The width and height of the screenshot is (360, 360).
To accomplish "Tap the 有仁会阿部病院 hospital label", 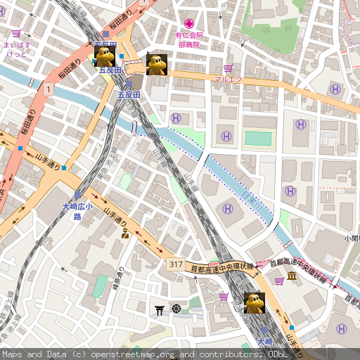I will [x=189, y=39].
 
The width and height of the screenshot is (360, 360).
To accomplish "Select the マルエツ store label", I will [x=228, y=79].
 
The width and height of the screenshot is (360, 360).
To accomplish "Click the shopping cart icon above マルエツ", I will [x=228, y=68].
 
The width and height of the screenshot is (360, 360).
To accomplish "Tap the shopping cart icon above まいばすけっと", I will [x=16, y=33].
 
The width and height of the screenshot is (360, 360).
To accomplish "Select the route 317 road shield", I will [x=176, y=264].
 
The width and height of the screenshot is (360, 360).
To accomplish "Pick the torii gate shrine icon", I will [x=160, y=309].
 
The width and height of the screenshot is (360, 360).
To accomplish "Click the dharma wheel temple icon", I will [x=176, y=309].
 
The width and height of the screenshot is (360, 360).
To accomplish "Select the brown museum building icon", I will [x=291, y=281].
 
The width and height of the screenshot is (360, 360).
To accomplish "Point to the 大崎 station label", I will [x=264, y=342].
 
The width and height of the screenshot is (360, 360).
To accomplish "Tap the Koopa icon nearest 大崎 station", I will [x=254, y=302].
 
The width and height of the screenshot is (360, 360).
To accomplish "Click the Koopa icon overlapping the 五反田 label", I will [x=105, y=56].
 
